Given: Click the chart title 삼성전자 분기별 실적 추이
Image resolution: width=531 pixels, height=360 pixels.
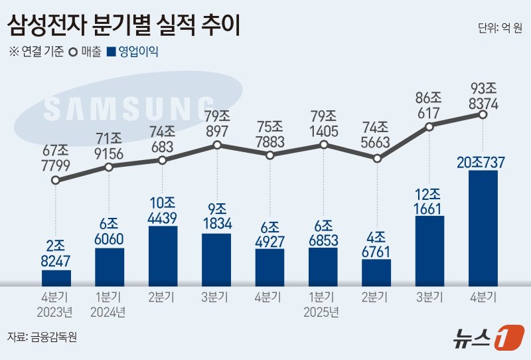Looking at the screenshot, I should [x=125, y=26].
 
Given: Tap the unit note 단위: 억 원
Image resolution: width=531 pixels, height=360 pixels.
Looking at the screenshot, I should [x=500, y=28].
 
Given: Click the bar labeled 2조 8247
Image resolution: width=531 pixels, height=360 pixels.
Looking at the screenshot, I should [x=56, y=278].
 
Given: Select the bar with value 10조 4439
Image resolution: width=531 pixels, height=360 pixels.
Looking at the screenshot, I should [x=163, y=256].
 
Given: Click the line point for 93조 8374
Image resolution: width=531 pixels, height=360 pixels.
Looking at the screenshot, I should [x=483, y=115].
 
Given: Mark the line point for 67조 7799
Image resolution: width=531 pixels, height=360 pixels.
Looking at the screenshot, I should [x=56, y=179].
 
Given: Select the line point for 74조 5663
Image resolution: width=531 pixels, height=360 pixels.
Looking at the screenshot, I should [x=377, y=159].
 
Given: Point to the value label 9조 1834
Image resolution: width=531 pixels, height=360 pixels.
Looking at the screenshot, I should [x=217, y=215].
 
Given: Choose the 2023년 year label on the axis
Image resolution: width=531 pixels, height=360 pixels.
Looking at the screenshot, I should [x=56, y=310].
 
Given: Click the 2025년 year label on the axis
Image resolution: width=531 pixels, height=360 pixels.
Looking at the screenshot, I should [x=323, y=310].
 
